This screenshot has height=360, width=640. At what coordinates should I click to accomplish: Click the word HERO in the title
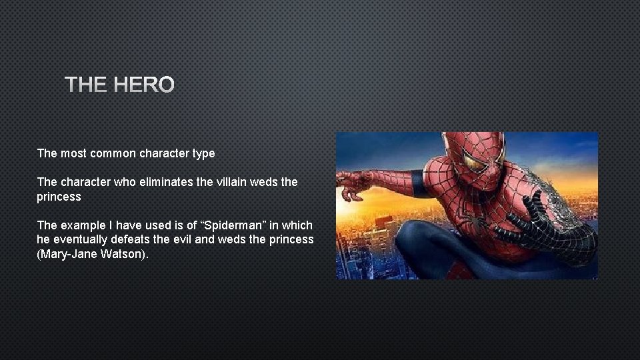tap(143, 85)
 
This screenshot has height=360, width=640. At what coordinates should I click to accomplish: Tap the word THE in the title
tap(87, 85)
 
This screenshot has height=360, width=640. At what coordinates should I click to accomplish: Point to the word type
tap(203, 153)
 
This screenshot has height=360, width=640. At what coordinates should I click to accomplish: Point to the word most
tap(74, 153)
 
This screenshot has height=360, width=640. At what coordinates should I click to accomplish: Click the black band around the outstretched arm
tap(419, 183)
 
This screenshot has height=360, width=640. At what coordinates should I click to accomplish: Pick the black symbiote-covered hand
tap(527, 227)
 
